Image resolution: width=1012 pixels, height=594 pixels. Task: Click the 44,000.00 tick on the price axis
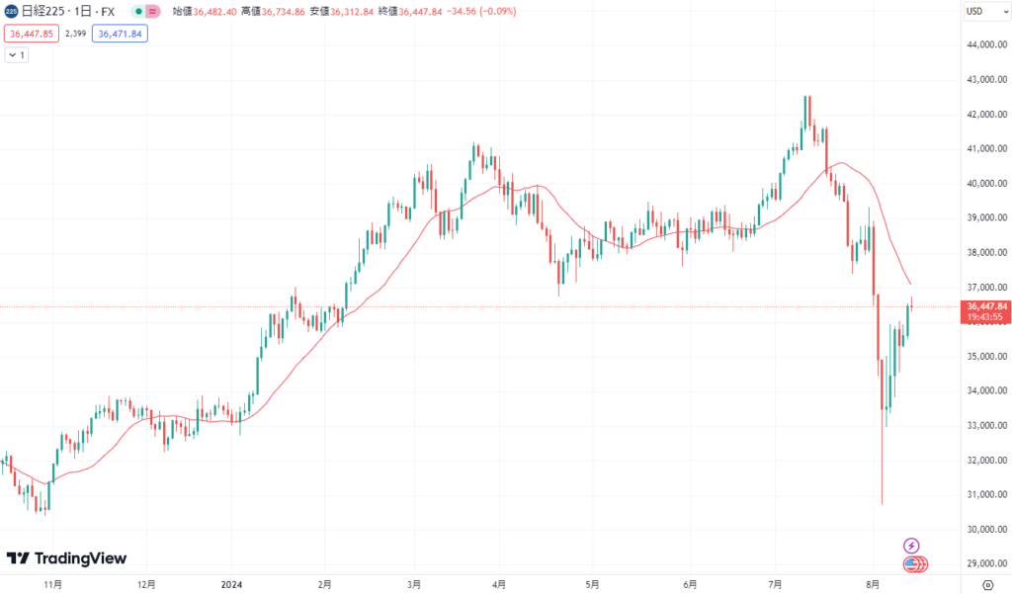click(x=986, y=45)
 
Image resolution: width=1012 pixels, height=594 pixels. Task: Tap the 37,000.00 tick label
click(x=986, y=287)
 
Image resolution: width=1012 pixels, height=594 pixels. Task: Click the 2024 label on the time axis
click(x=233, y=584)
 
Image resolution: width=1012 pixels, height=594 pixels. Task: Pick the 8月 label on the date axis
click(x=872, y=584)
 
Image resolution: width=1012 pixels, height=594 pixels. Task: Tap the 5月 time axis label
click(x=591, y=584)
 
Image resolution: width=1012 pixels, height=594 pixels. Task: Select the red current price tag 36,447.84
click(x=986, y=306)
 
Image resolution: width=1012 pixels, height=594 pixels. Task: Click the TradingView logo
click(x=66, y=558)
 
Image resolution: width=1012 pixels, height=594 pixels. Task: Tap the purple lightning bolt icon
click(x=912, y=546)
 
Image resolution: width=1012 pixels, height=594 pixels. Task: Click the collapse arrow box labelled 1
click(x=18, y=55)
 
